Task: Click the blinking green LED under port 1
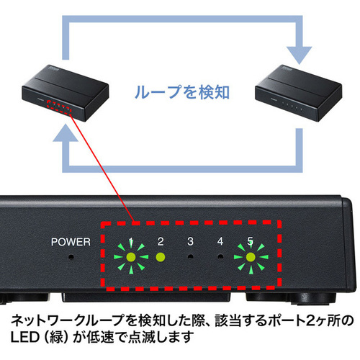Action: coord(131,257)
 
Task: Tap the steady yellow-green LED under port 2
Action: coord(161,257)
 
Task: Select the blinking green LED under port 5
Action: coord(251,257)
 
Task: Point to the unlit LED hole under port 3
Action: coord(191,257)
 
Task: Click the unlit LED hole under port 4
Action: coord(220,257)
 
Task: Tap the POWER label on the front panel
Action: coord(71,242)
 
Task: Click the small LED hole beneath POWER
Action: coord(71,257)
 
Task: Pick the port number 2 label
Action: coord(161,241)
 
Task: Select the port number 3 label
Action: coord(190,241)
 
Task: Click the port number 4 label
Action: coord(220,241)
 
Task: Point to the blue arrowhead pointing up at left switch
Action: coord(66,132)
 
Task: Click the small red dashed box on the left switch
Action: coord(59,107)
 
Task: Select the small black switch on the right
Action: coord(298,93)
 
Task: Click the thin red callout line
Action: coord(102,168)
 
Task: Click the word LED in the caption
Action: coord(24,337)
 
